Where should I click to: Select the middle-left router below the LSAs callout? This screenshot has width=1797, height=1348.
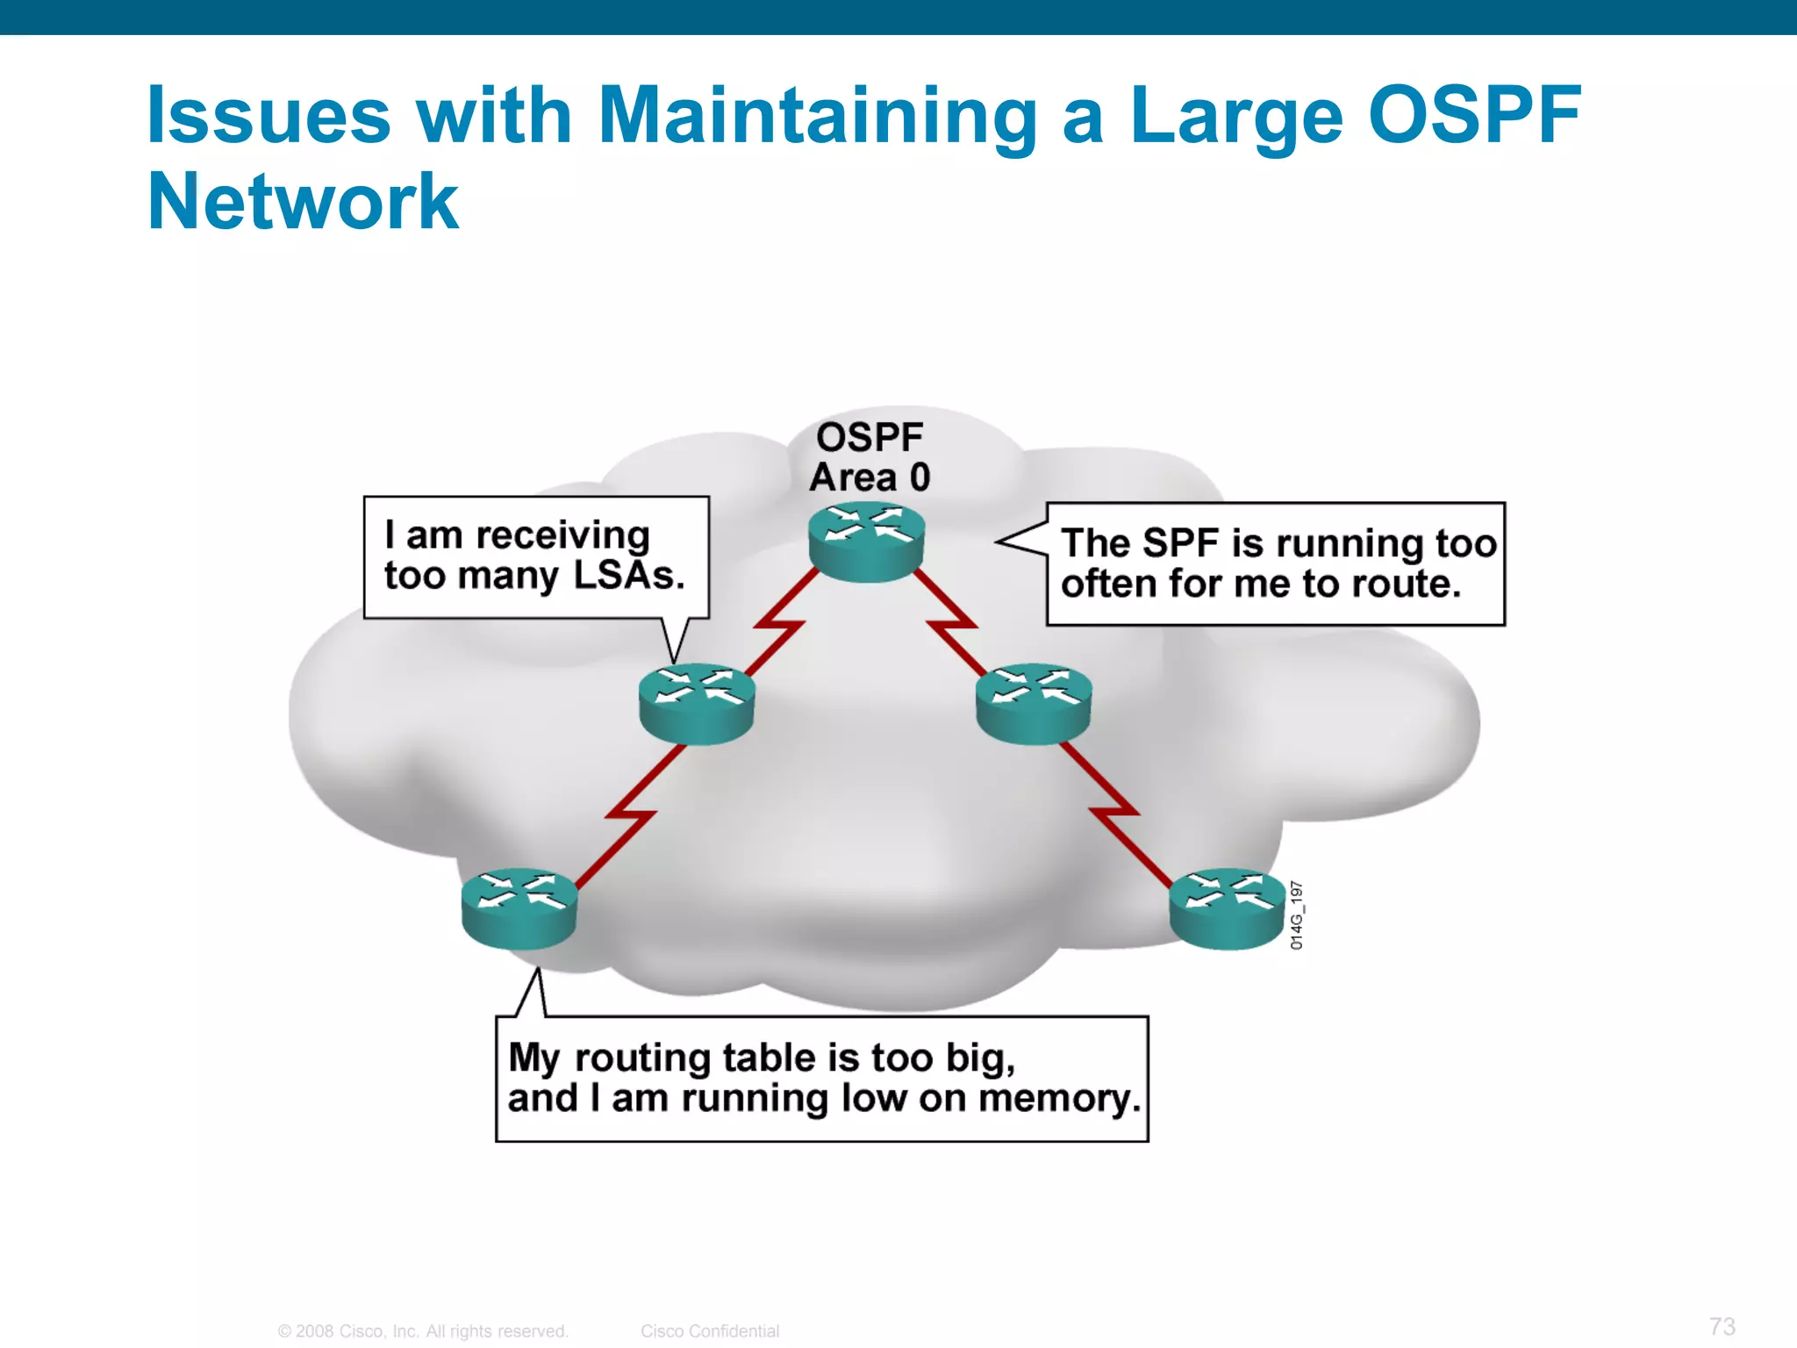(x=697, y=704)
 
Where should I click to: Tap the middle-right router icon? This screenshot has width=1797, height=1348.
(x=1034, y=704)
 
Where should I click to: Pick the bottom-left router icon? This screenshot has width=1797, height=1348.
(x=519, y=909)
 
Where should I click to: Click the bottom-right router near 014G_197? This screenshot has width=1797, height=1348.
(x=1228, y=909)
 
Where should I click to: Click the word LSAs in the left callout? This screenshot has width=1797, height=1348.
(x=628, y=576)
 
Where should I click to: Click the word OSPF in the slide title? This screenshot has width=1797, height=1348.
(x=1474, y=116)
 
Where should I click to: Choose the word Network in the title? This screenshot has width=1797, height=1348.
(x=303, y=202)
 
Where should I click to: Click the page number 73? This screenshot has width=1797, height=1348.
(x=1722, y=1326)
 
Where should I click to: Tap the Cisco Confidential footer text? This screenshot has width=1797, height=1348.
(x=709, y=1331)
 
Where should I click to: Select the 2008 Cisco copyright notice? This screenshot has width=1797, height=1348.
(x=423, y=1331)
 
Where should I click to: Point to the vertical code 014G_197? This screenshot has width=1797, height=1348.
(x=1297, y=915)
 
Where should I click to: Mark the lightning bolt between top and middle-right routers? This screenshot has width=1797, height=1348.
(x=951, y=625)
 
